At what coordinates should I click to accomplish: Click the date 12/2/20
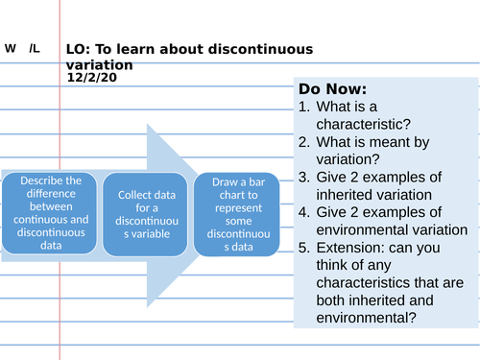(91, 78)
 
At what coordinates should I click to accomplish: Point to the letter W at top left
(10, 47)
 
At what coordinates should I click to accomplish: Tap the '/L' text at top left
(35, 47)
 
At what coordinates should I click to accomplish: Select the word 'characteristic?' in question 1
(368, 124)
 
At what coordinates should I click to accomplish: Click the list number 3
(303, 177)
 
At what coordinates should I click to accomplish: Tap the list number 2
(303, 142)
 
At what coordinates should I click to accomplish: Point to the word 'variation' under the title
(101, 64)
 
